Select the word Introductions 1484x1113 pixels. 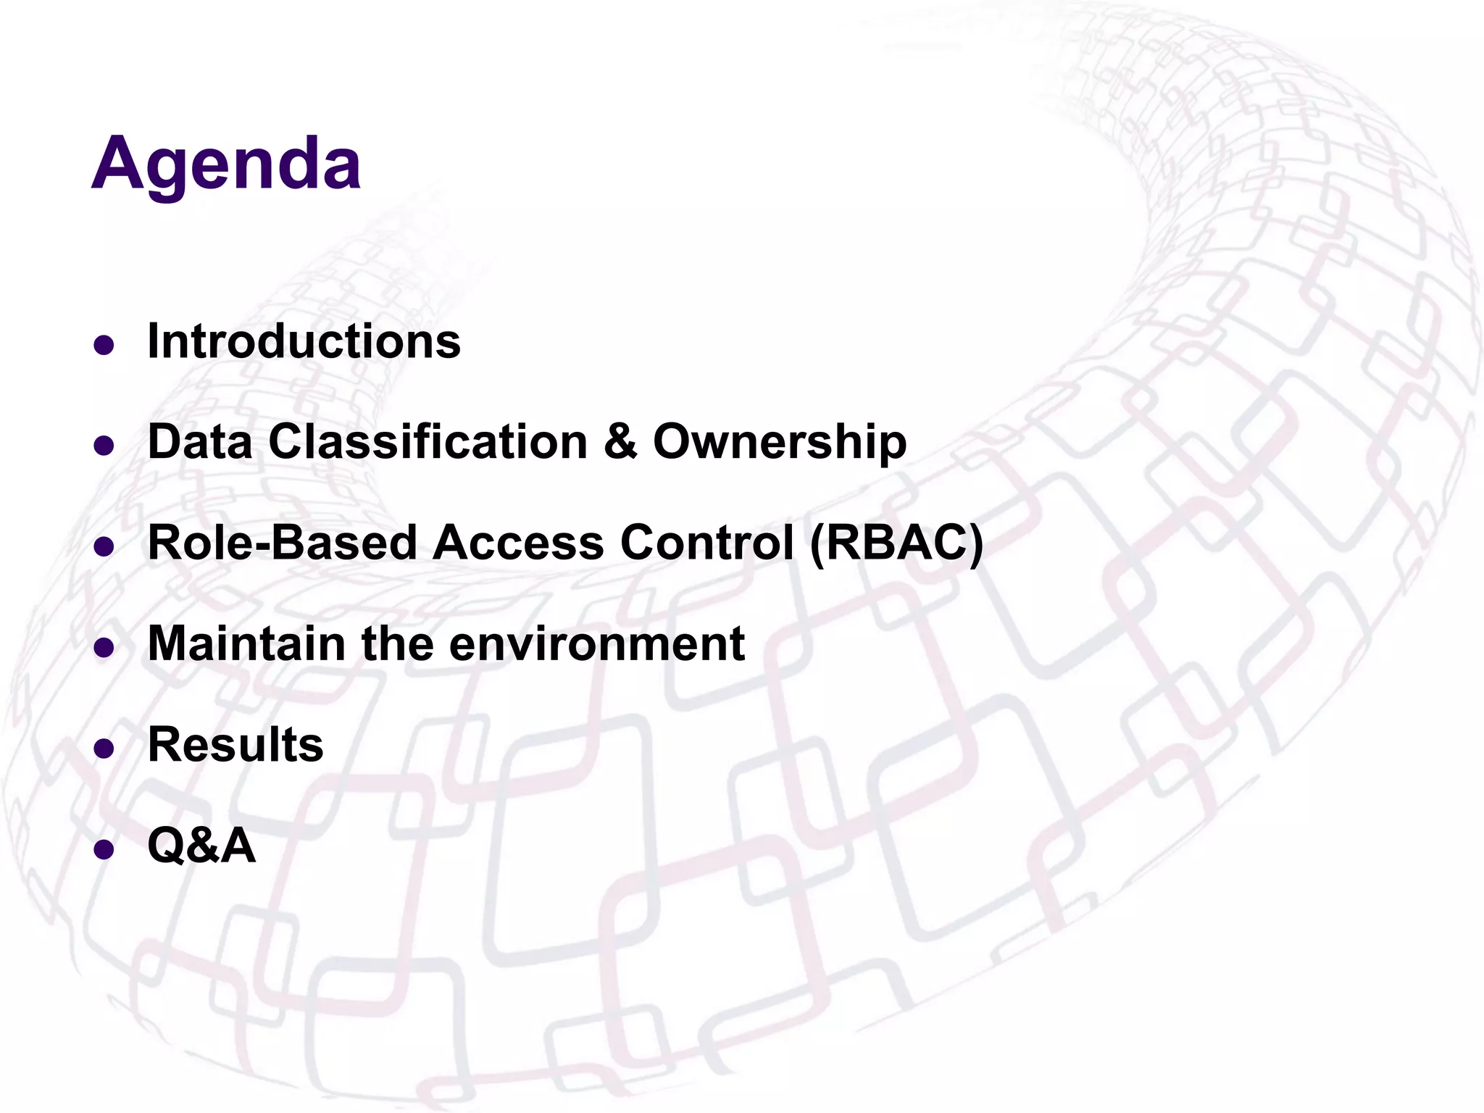coord(304,341)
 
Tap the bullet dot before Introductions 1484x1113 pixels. coord(104,346)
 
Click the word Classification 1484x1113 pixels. coord(428,441)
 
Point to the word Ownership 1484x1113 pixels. coord(780,441)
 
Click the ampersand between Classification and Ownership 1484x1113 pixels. coord(620,441)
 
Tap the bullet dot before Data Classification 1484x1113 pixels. coord(104,446)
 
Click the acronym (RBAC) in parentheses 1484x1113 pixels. coord(896,542)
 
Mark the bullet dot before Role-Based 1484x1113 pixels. coord(104,547)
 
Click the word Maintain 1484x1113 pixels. coord(246,643)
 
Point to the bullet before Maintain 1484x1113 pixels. coord(104,648)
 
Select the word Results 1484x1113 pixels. coord(235,744)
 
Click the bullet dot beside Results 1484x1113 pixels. coord(104,749)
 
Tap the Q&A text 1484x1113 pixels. coord(201,845)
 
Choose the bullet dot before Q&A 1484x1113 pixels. coord(104,849)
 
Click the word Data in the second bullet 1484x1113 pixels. coord(200,441)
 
